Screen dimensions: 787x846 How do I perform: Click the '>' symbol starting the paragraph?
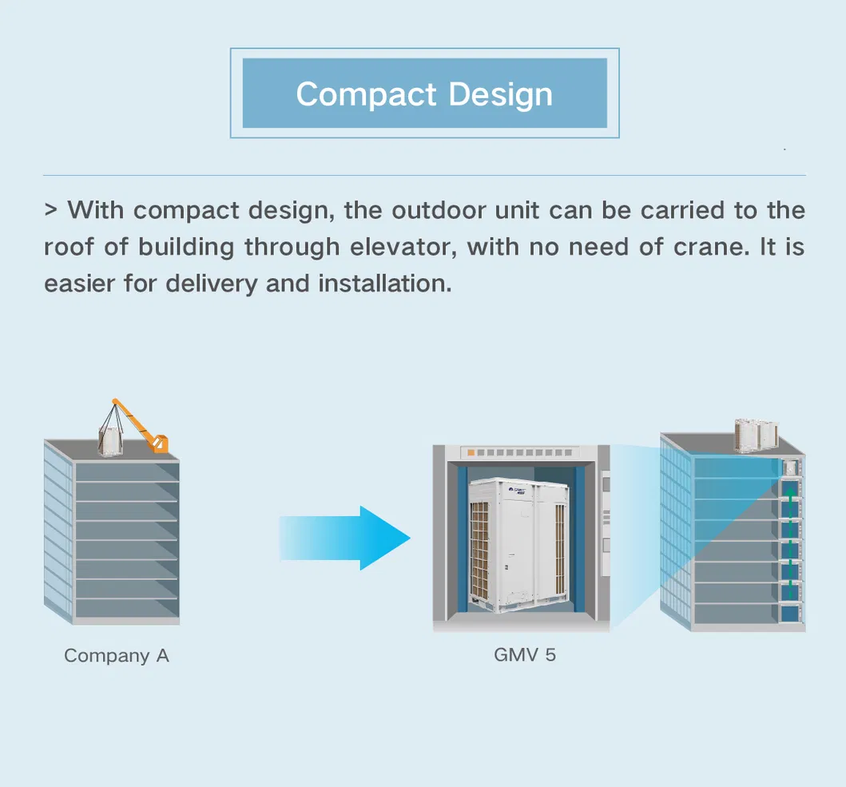(x=51, y=211)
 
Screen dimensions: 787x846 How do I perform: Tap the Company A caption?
(x=117, y=656)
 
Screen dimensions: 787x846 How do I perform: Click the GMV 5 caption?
(x=524, y=655)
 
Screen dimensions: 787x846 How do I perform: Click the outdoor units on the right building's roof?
(x=755, y=434)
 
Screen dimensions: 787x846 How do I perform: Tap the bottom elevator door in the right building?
(x=790, y=614)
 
